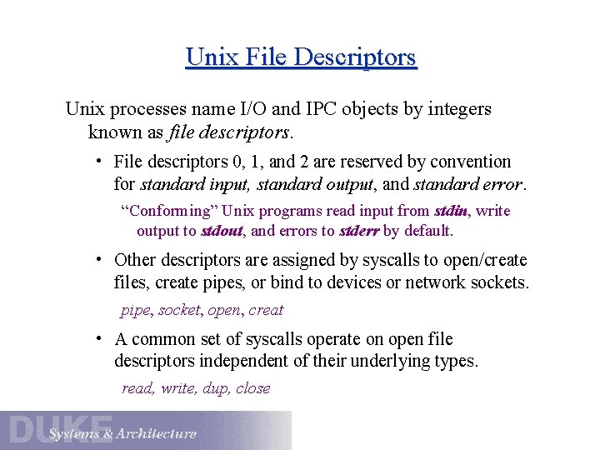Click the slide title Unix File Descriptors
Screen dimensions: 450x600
coord(301,57)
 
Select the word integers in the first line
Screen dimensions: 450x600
coord(458,109)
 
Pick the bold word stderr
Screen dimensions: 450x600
coord(358,231)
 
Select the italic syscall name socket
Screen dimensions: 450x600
coord(179,310)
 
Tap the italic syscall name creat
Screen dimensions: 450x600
coord(266,310)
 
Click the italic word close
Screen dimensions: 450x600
coord(253,388)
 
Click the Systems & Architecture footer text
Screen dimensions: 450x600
coord(122,433)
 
